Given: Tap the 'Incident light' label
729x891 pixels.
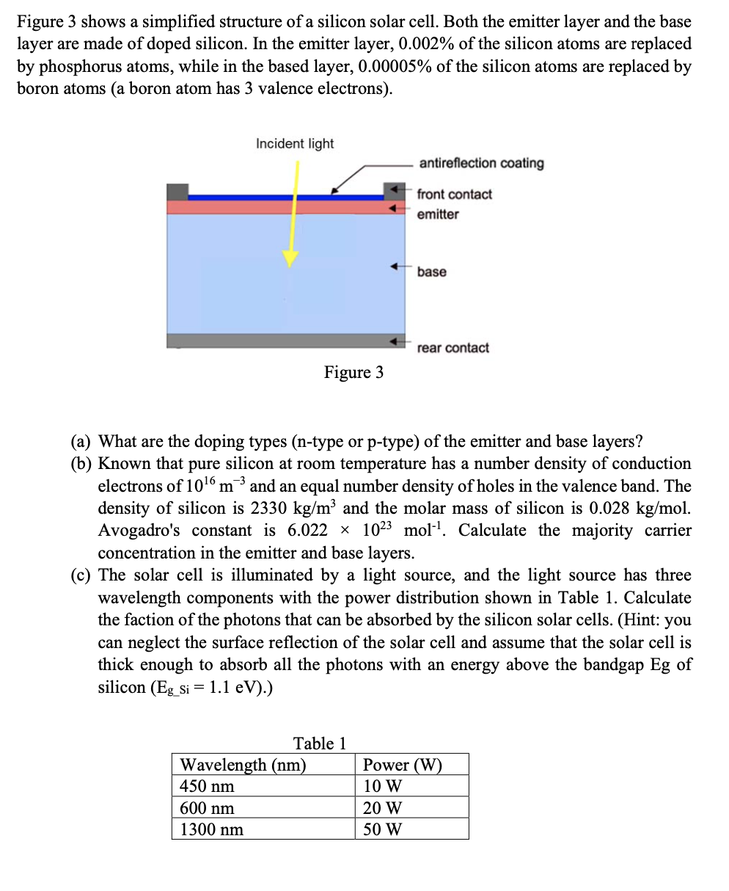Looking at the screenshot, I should pos(295,144).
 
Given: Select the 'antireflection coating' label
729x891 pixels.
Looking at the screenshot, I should pos(481,163).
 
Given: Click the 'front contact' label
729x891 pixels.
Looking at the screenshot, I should pos(454,194).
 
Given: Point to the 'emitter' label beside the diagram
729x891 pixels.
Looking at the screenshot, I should pos(438,214).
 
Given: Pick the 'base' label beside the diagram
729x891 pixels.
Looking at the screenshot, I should pos(431,272).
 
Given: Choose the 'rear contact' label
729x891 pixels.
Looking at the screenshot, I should pos(453,348).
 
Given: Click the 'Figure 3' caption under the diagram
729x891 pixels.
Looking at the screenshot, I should pos(353,373).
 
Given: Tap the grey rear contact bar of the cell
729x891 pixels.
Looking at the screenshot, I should pos(285,341).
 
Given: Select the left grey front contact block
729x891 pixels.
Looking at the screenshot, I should pos(177,192).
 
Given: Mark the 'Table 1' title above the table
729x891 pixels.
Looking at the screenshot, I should pos(320,743).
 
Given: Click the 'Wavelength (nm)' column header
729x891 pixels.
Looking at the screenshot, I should pos(243,765).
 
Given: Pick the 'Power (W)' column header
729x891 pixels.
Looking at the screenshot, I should pos(403,765).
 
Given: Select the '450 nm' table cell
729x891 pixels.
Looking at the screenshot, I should pos(208,787).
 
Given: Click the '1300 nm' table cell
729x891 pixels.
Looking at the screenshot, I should pos(212,830).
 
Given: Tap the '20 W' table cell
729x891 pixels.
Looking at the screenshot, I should pos(383,808).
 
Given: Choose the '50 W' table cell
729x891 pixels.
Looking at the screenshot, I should pos(383,830).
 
